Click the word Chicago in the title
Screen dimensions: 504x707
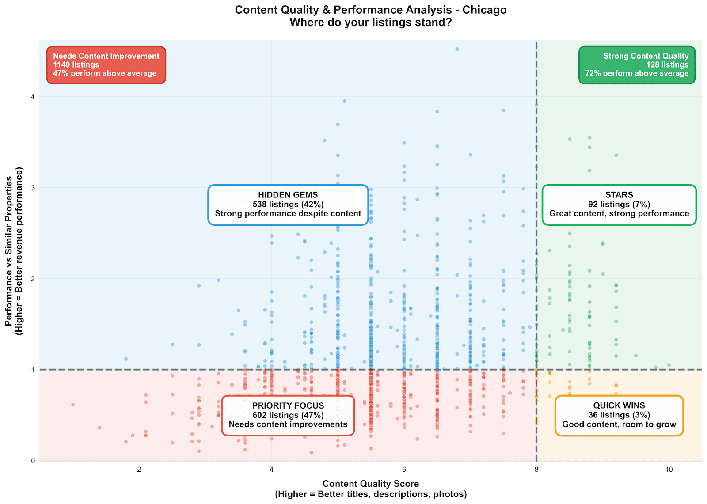484,10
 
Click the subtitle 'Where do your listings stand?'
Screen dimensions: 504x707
370,22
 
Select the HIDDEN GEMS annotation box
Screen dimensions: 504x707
288,205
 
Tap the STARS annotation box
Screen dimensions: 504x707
619,205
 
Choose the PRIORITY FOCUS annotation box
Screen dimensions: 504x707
288,415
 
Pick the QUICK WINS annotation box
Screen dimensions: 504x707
619,415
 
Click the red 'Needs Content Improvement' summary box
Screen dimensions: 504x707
106,65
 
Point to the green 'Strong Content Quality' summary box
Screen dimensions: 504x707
637,65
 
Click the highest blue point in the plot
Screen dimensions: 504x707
457,49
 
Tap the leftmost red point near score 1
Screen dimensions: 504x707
73,405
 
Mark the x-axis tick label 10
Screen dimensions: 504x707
669,470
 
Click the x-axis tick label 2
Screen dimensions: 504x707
139,470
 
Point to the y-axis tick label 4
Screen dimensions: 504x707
32,97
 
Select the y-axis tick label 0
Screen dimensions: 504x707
32,461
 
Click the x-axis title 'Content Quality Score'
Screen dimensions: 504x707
370,484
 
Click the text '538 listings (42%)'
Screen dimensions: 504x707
288,205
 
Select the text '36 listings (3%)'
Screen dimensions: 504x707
619,415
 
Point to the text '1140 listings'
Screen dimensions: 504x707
76,65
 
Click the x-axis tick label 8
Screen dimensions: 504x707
536,470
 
